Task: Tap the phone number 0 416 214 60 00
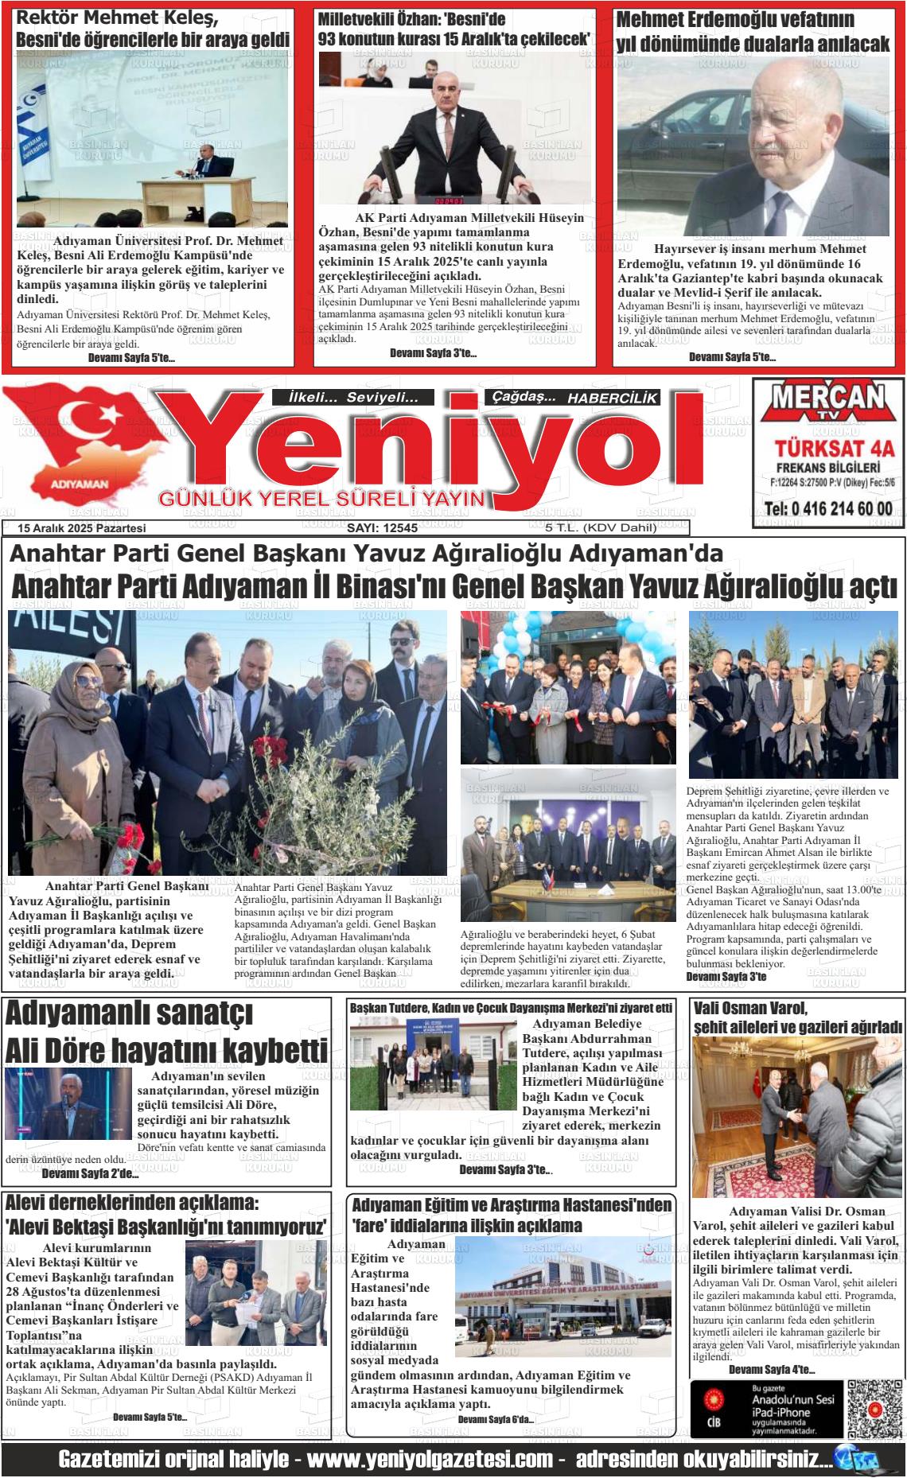[828, 509]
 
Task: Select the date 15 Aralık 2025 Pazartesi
[82, 527]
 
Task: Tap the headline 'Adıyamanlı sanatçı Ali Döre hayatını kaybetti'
[165, 1033]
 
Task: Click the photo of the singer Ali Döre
[68, 1103]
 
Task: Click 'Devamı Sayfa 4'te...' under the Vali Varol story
[771, 1369]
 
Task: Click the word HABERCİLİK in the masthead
[612, 398]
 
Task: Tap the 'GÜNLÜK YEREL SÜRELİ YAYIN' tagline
[322, 499]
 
